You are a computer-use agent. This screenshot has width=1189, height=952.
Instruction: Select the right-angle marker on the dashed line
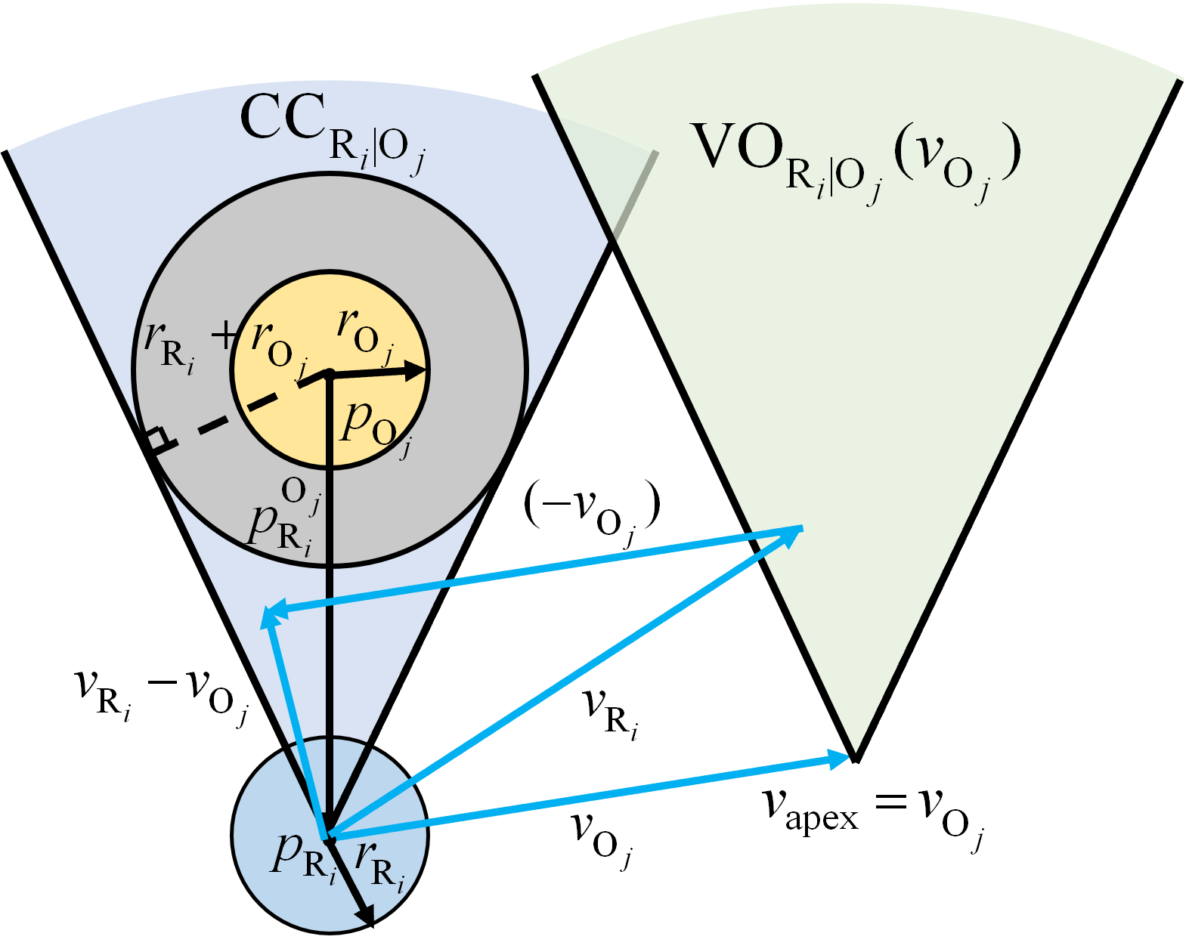pyautogui.click(x=156, y=438)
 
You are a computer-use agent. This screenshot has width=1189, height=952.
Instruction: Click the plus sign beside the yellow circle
pyautogui.click(x=224, y=335)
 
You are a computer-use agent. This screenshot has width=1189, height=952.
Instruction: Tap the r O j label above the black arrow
pyautogui.click(x=367, y=332)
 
